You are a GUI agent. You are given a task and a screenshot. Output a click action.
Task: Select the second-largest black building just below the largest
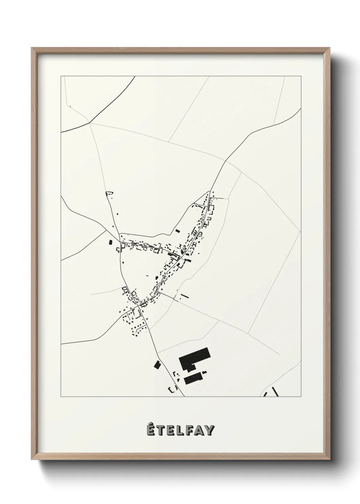[193, 379]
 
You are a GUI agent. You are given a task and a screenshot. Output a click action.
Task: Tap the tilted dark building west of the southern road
[157, 365]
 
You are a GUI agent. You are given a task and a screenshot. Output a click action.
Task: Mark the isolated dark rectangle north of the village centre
[177, 231]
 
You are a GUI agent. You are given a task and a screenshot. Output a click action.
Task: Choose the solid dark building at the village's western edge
[110, 242]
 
